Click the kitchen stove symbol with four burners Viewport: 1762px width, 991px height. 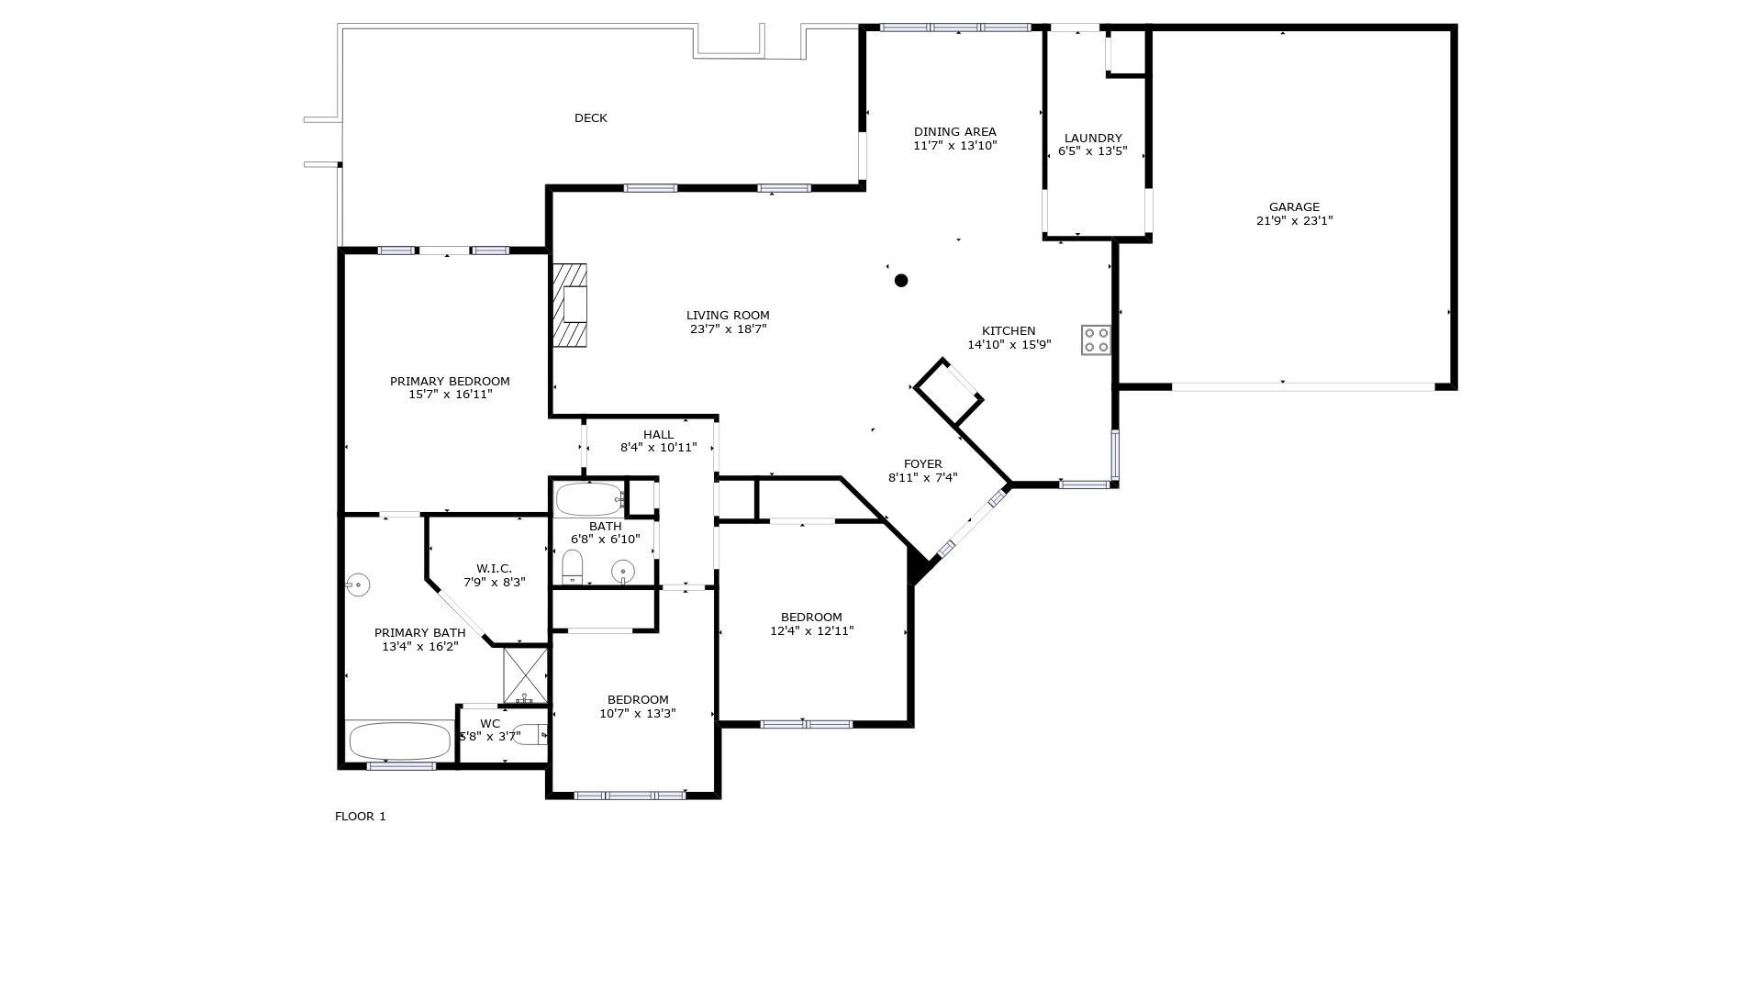pos(1096,340)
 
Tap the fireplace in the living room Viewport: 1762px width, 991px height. pos(570,306)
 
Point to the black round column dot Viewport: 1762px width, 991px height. pos(901,281)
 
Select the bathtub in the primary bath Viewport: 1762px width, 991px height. pos(400,740)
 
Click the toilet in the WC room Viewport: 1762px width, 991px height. pos(530,734)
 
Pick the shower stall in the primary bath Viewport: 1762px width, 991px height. pos(525,674)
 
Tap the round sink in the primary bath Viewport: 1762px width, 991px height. pos(358,584)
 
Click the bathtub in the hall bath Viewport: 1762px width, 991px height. pos(590,499)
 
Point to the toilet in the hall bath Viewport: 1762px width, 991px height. pos(573,566)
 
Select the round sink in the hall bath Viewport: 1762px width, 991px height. pos(623,571)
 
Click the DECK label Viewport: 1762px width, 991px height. pos(591,118)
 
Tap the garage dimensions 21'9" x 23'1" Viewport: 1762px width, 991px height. pos(1294,221)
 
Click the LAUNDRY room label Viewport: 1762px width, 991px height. pos(1092,139)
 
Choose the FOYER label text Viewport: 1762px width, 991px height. pos(922,464)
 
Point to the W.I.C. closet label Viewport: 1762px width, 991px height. pos(494,569)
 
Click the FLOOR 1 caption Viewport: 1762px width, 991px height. pos(361,817)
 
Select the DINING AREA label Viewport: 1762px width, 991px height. pos(954,132)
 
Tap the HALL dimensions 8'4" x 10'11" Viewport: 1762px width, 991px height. pos(658,448)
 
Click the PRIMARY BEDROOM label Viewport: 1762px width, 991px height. pos(450,382)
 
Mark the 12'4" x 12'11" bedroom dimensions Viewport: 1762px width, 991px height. pos(811,631)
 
